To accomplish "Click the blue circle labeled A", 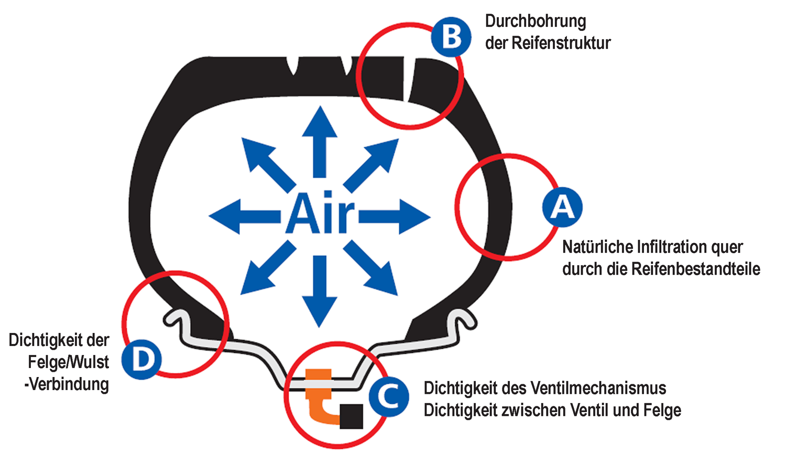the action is [x=562, y=207].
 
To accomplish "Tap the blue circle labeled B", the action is [x=451, y=37].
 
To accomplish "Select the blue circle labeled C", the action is [x=389, y=397].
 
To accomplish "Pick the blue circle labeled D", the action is [x=141, y=359].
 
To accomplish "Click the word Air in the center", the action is [x=320, y=213].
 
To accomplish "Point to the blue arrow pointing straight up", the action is [x=320, y=142].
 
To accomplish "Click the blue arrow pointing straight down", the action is [x=320, y=292].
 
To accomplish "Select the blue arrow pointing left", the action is [x=245, y=217].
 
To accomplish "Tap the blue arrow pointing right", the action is [x=395, y=217].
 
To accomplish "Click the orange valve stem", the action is [x=319, y=395].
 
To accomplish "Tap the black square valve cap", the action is [x=351, y=416].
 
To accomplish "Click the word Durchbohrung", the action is [x=536, y=21].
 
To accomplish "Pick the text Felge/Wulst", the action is [x=69, y=362].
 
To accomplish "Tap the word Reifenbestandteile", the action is [x=696, y=269].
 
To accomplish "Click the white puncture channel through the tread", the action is [x=408, y=79].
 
